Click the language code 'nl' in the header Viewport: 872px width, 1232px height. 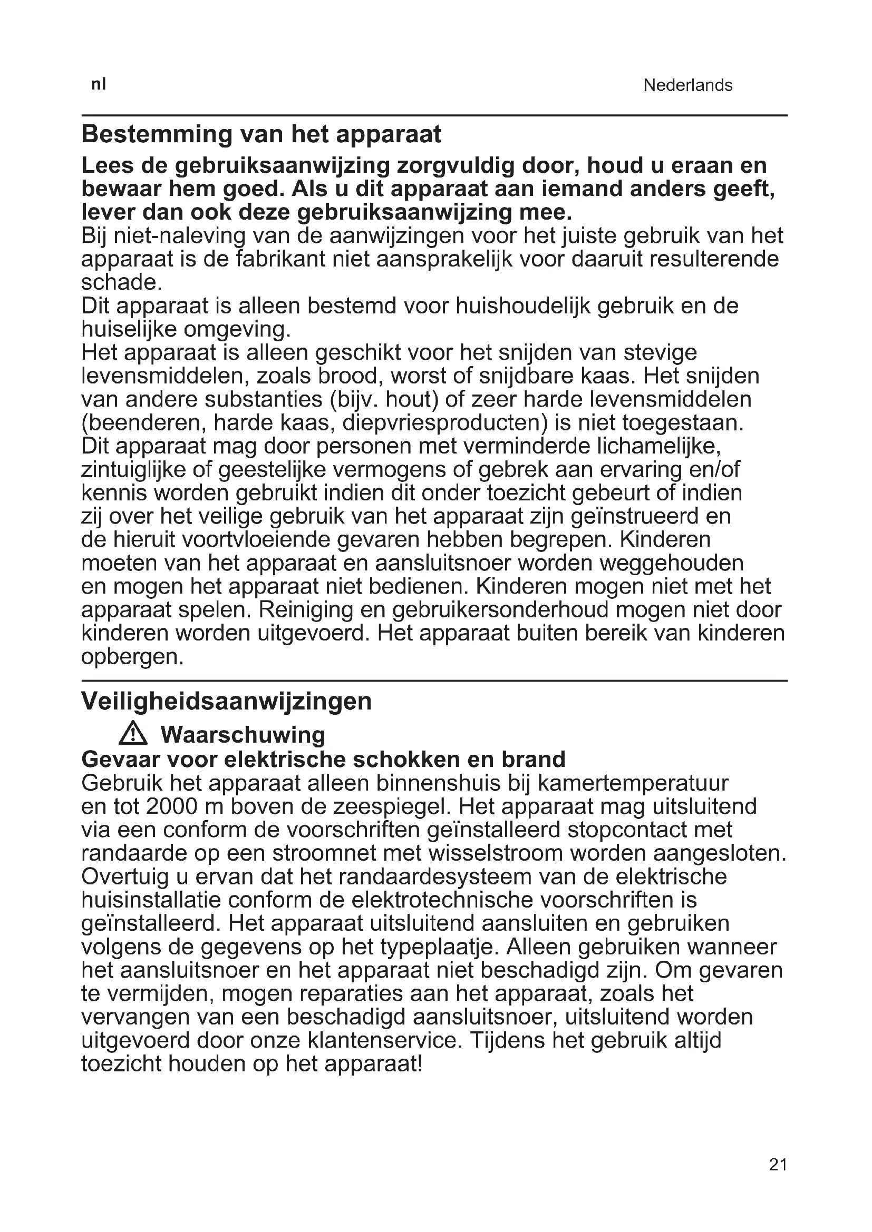coord(98,84)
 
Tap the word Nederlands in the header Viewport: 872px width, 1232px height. coord(687,85)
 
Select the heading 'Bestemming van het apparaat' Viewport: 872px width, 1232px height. coord(261,134)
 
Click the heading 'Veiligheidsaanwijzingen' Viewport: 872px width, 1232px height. coord(226,701)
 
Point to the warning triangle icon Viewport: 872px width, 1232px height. coord(133,734)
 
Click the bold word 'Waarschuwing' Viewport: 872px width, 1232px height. coord(243,735)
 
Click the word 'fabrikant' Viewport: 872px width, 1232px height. coord(282,259)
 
